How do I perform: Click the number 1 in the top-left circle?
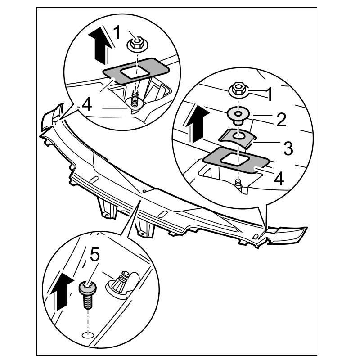pos(117,32)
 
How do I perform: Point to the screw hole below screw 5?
pos(87,334)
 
